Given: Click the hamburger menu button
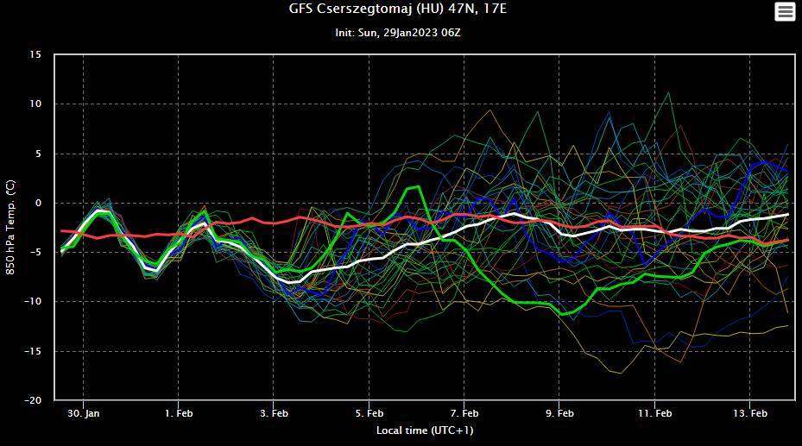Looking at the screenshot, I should (784, 11).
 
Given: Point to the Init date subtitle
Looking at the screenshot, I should (403, 33).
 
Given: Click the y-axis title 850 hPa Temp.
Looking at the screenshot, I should (11, 227).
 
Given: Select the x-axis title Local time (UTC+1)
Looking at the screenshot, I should (424, 430).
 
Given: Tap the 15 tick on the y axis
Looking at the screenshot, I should (35, 54).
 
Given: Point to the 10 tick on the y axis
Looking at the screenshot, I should (35, 104).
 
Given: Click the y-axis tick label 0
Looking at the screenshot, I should (38, 203).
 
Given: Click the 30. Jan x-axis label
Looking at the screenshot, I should (84, 413).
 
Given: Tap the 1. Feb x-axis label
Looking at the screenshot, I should (179, 413).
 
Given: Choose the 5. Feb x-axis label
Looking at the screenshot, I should (369, 413).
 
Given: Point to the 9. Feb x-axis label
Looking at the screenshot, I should (559, 413).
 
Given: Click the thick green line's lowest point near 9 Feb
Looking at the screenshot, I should (562, 314).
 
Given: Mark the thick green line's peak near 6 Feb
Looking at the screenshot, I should (419, 186).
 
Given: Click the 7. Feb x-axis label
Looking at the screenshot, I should (464, 413).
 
